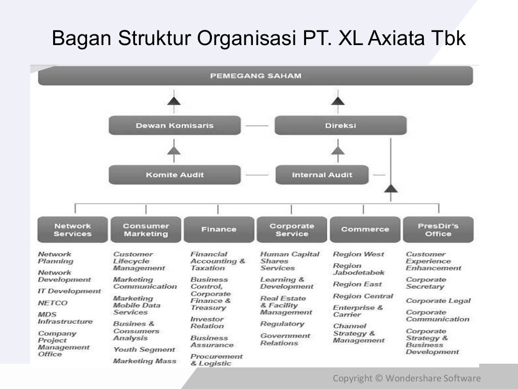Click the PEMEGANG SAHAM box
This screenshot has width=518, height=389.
tap(255, 76)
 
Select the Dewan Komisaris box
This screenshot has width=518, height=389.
tap(175, 126)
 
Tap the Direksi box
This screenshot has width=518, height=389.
tap(340, 126)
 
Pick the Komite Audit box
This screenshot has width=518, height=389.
tap(175, 175)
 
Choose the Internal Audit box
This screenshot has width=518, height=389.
tap(322, 175)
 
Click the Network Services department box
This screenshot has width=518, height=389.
tap(72, 229)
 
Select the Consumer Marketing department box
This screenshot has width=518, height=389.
tap(146, 229)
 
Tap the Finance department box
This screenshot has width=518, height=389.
tap(219, 229)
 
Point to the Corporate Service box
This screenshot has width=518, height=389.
tap(292, 229)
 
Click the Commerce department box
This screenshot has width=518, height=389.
tap(365, 229)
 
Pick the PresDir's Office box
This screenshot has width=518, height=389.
tap(438, 229)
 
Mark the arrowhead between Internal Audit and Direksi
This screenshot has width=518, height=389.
tap(337, 150)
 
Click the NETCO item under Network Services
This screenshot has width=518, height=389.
tap(53, 303)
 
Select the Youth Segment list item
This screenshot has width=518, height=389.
tap(144, 349)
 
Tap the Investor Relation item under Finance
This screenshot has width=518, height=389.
tap(207, 323)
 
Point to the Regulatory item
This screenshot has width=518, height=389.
tap(282, 324)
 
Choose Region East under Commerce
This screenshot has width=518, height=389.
tap(357, 284)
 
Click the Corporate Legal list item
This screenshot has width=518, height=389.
tap(438, 301)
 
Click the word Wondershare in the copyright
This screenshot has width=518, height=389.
tap(413, 378)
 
